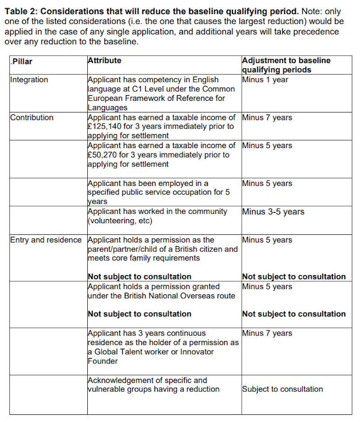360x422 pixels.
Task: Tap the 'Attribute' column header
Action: tap(104, 60)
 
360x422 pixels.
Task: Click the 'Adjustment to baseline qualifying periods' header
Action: tap(286, 65)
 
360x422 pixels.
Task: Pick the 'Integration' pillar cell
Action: tap(29, 80)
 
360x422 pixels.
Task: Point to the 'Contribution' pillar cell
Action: tap(31, 117)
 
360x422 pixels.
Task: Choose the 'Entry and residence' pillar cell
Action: tap(46, 240)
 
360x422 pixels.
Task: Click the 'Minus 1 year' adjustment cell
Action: tap(265, 80)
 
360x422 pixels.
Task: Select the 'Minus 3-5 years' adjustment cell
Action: tap(273, 211)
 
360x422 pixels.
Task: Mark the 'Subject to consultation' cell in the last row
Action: tap(282, 389)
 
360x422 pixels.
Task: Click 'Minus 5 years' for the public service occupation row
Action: tap(267, 183)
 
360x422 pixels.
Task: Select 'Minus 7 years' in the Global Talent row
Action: tap(267, 333)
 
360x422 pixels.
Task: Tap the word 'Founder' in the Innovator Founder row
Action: tap(103, 361)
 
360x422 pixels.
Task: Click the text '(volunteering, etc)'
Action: tap(120, 221)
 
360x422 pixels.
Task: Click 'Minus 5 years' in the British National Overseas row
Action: tap(267, 287)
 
